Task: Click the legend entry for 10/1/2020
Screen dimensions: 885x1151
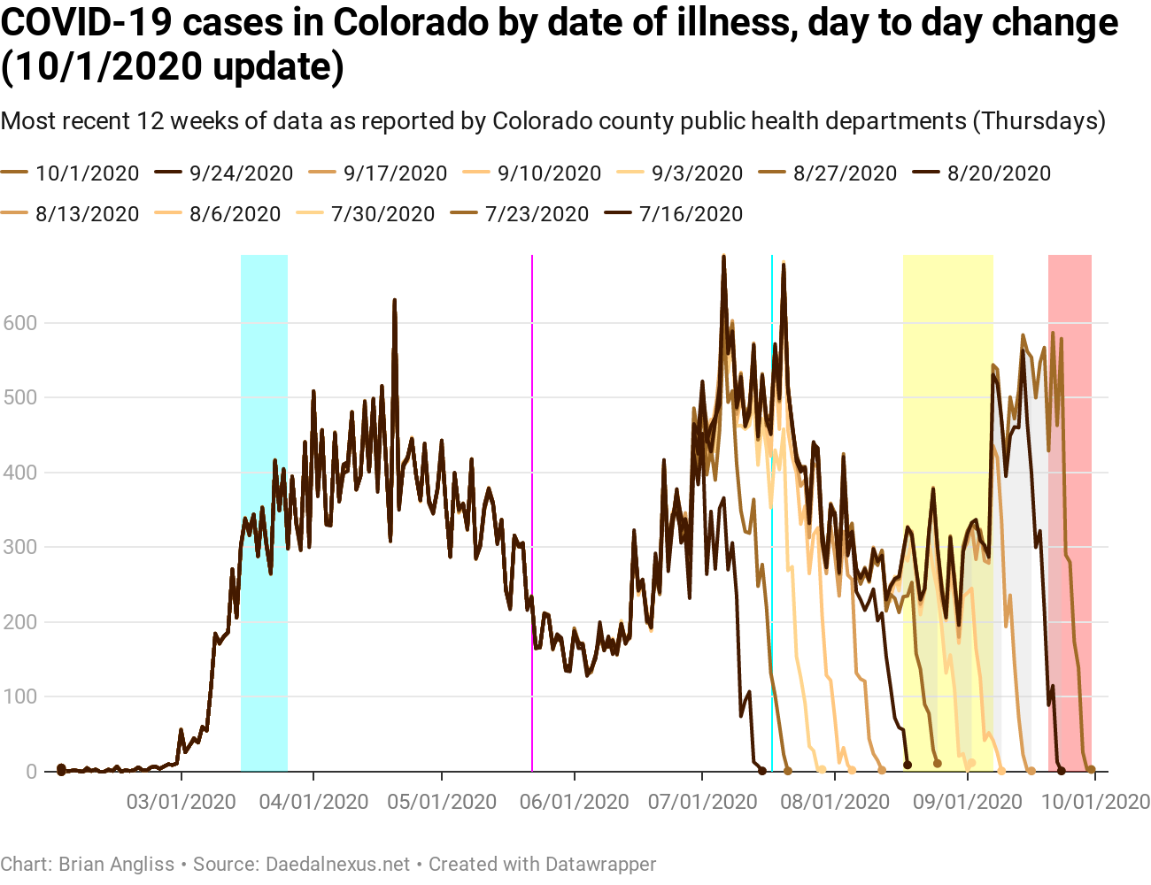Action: tap(87, 173)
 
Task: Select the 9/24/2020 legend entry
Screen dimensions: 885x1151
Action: tap(241, 173)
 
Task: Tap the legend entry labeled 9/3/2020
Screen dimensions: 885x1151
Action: tap(697, 173)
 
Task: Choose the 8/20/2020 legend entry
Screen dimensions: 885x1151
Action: tap(999, 173)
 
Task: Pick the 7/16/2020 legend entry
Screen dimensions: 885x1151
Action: tap(691, 214)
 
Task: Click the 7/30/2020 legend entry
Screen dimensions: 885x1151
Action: tap(382, 214)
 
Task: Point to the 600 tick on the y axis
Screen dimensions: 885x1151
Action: tap(20, 323)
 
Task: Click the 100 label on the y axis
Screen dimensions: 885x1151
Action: tap(20, 696)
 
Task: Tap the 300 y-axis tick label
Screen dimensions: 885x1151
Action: tap(20, 547)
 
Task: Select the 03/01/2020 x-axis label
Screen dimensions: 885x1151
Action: tap(182, 802)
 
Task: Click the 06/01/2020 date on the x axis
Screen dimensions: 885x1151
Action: tap(575, 802)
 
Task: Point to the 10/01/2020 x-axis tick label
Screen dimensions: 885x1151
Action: tap(1095, 802)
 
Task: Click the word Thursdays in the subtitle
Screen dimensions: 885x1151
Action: tap(1039, 120)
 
